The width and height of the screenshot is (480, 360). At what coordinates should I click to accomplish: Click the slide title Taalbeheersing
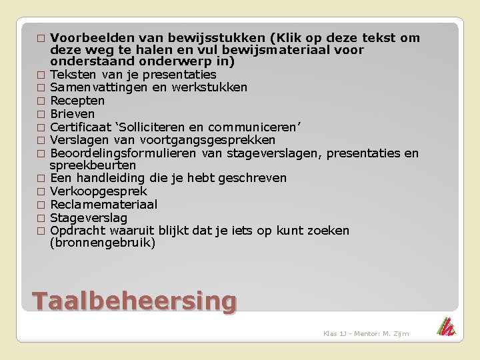tap(134, 301)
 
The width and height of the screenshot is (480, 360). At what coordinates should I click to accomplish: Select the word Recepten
tap(77, 101)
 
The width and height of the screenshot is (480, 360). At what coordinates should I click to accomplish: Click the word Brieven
tap(72, 114)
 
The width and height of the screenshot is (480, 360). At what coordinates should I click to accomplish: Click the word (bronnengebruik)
tap(103, 243)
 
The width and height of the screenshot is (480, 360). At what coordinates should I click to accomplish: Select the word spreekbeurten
tap(93, 165)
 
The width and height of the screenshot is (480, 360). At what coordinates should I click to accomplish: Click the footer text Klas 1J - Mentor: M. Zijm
tap(366, 333)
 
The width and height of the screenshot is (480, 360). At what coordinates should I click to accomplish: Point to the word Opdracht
tap(77, 231)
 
